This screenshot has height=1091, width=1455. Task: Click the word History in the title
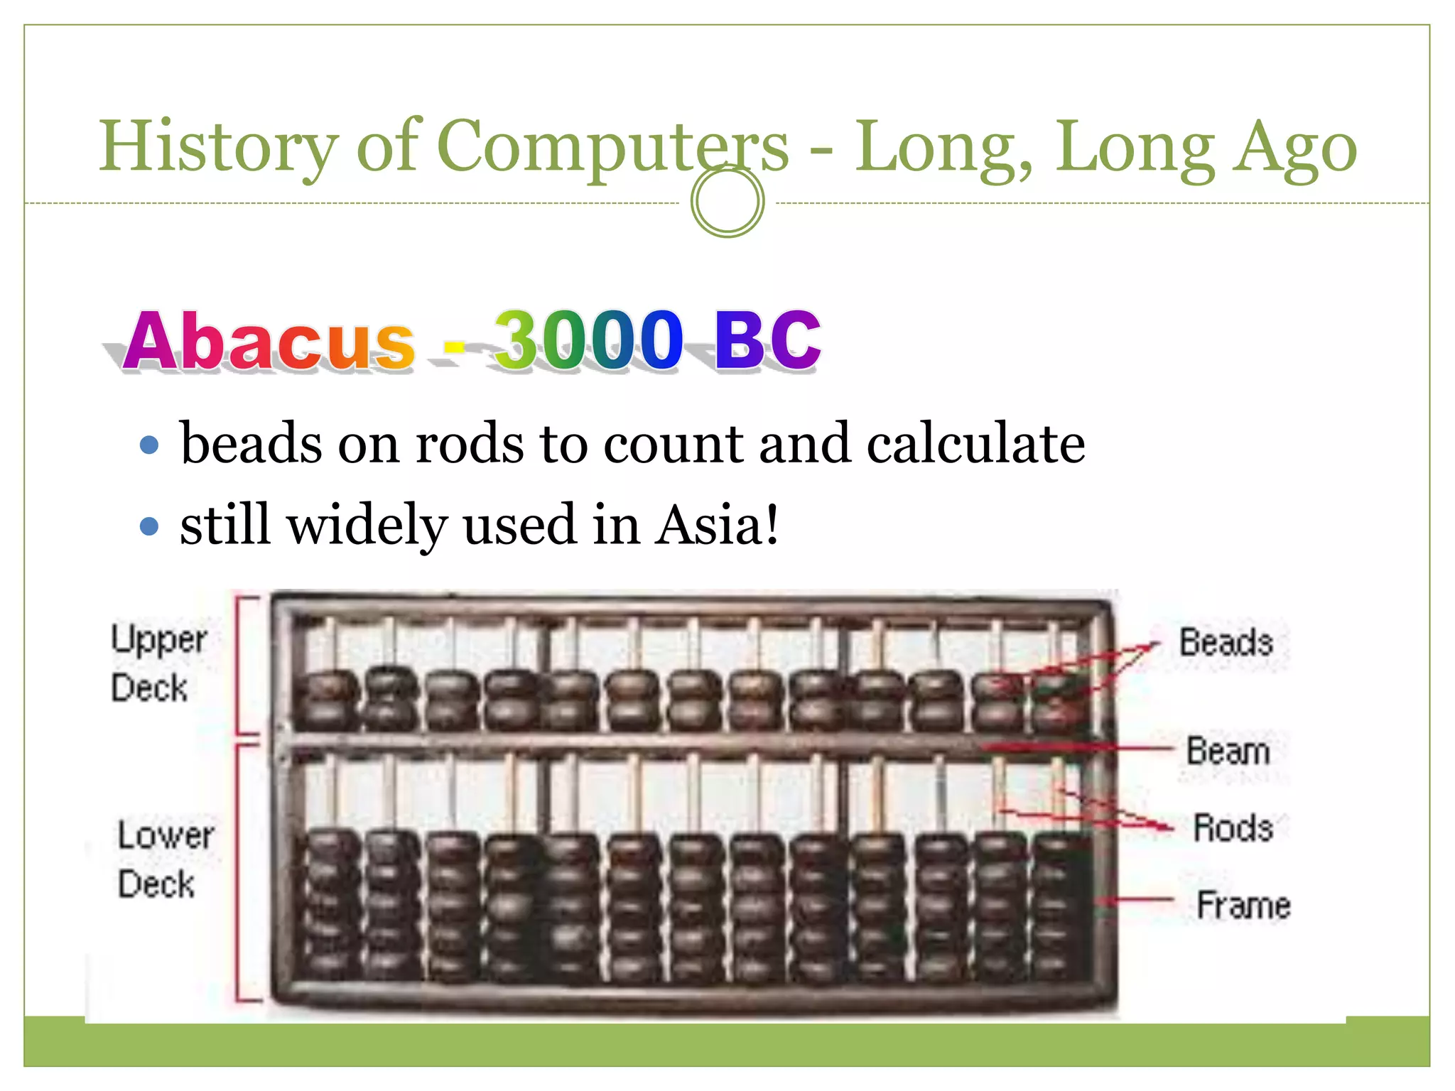point(217,147)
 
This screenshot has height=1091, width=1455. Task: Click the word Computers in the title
point(612,147)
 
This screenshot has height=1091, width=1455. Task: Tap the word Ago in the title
point(1294,147)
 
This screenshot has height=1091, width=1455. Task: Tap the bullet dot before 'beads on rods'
point(149,445)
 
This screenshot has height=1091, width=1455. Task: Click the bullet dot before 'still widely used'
point(149,526)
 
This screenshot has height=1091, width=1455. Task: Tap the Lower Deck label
point(165,859)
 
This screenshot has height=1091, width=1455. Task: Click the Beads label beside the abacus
point(1226,642)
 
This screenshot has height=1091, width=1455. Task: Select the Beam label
point(1228,751)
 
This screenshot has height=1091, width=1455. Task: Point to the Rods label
point(1233,827)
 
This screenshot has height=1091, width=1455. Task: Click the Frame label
point(1243,905)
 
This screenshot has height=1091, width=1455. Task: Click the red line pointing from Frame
point(1137,900)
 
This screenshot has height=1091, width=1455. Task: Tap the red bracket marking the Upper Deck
point(239,664)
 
